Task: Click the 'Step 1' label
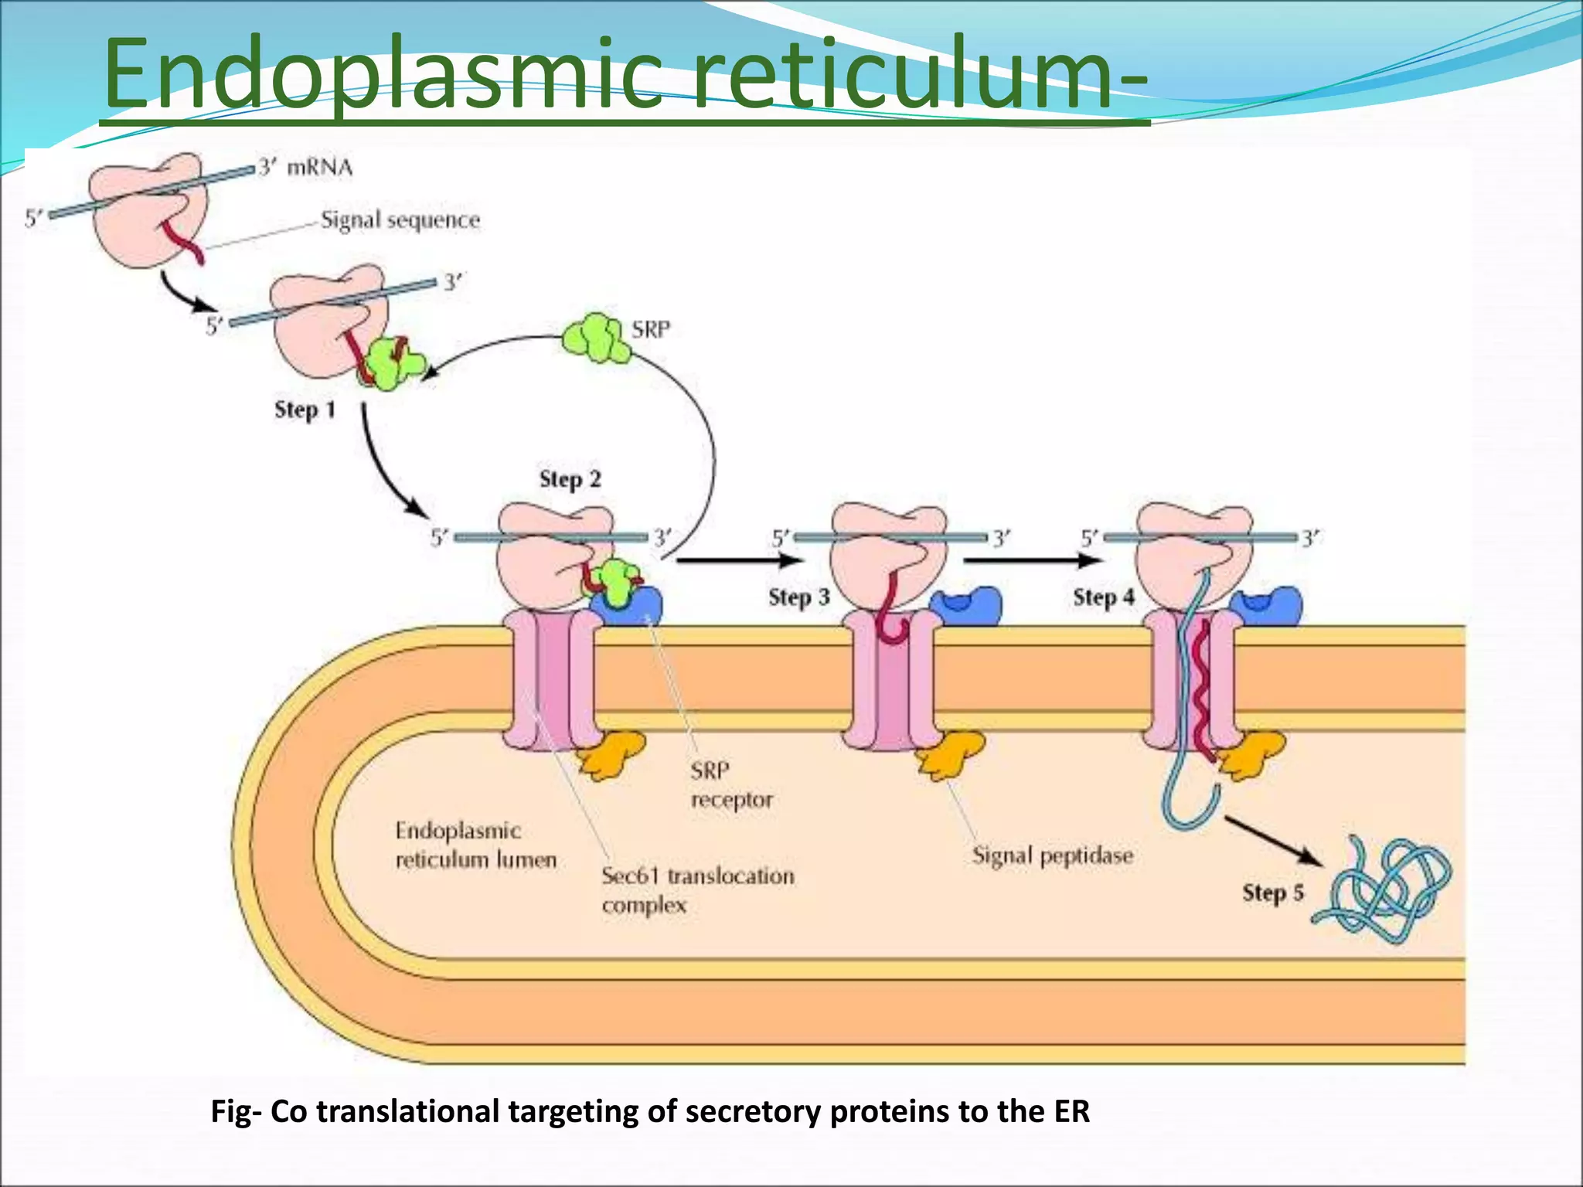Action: (x=305, y=410)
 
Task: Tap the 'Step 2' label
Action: (x=570, y=479)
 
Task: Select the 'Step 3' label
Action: (x=798, y=597)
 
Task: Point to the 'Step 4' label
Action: (x=1103, y=597)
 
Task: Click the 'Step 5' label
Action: (x=1272, y=893)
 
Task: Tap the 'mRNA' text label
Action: (x=319, y=167)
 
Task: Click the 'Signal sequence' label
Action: (x=400, y=220)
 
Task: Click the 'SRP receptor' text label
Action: (x=730, y=785)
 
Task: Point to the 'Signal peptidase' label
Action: (x=1052, y=855)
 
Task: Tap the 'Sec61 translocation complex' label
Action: (x=696, y=890)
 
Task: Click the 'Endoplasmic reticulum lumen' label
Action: (x=475, y=845)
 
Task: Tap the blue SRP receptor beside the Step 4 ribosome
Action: (x=1268, y=605)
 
